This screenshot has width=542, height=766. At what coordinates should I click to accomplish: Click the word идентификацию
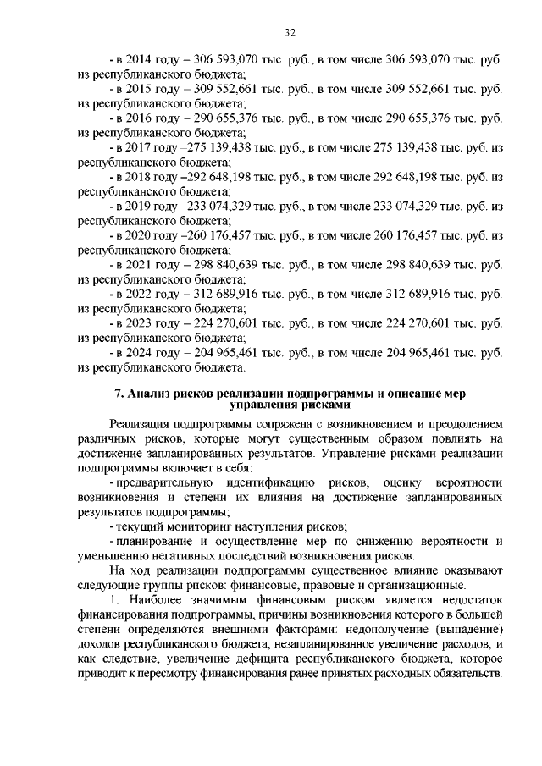click(268, 482)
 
